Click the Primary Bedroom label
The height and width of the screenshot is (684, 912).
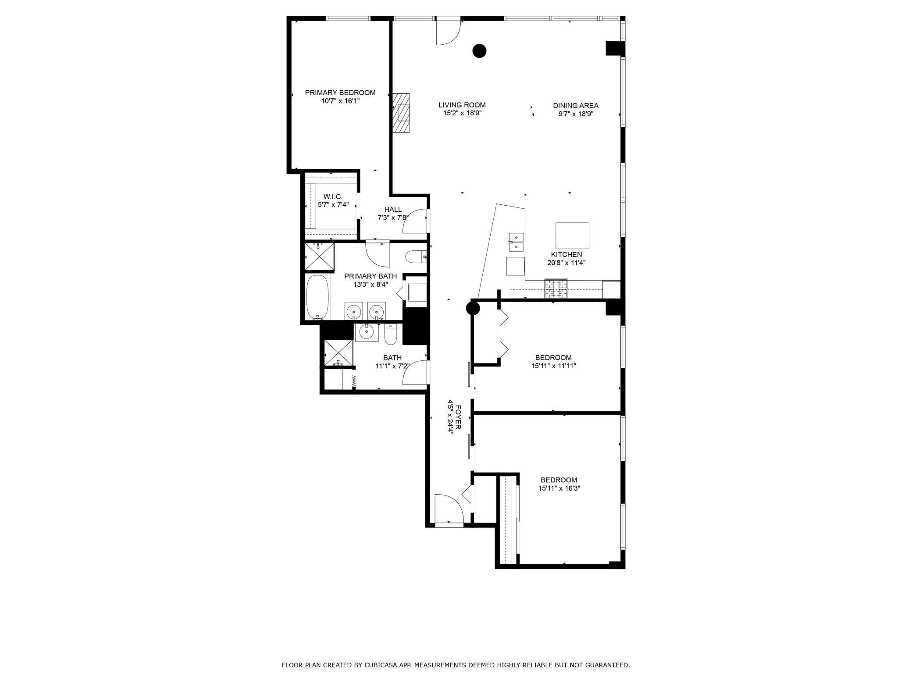pyautogui.click(x=340, y=93)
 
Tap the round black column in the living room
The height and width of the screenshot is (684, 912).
pyautogui.click(x=479, y=51)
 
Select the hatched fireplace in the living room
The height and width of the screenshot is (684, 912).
pyautogui.click(x=401, y=113)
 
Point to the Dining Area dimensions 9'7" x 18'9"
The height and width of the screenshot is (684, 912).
pyautogui.click(x=576, y=114)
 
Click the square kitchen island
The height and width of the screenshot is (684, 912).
pyautogui.click(x=572, y=236)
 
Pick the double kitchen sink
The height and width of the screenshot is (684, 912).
pyautogui.click(x=516, y=242)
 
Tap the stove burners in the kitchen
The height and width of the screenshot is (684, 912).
pyautogui.click(x=556, y=289)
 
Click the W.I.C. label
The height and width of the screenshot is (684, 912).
pyautogui.click(x=333, y=196)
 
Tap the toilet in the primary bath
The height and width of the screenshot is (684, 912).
pyautogui.click(x=415, y=256)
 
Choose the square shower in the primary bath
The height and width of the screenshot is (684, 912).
pyautogui.click(x=319, y=256)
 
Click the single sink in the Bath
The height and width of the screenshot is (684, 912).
pyautogui.click(x=366, y=333)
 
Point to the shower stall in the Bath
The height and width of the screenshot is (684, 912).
pyautogui.click(x=338, y=353)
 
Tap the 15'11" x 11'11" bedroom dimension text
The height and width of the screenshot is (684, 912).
pyautogui.click(x=553, y=366)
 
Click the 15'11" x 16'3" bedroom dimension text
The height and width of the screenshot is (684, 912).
pyautogui.click(x=559, y=488)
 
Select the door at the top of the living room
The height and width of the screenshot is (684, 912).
pyautogui.click(x=448, y=32)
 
